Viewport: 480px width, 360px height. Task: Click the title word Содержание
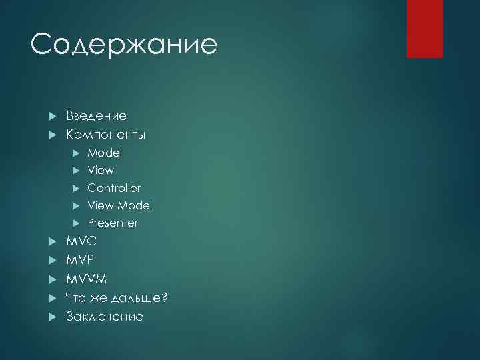pyautogui.click(x=124, y=45)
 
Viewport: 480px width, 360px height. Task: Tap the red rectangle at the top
pyautogui.click(x=425, y=29)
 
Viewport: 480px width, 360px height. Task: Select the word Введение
pyautogui.click(x=96, y=116)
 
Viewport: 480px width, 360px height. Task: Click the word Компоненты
pyautogui.click(x=105, y=134)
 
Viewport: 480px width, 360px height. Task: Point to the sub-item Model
pyautogui.click(x=105, y=153)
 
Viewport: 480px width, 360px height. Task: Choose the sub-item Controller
pyautogui.click(x=114, y=188)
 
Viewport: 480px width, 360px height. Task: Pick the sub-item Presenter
pyautogui.click(x=113, y=223)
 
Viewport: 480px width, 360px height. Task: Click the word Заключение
pyautogui.click(x=105, y=316)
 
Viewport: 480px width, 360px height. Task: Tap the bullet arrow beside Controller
pyautogui.click(x=75, y=188)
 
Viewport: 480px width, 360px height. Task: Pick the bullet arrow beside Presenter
pyautogui.click(x=75, y=223)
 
